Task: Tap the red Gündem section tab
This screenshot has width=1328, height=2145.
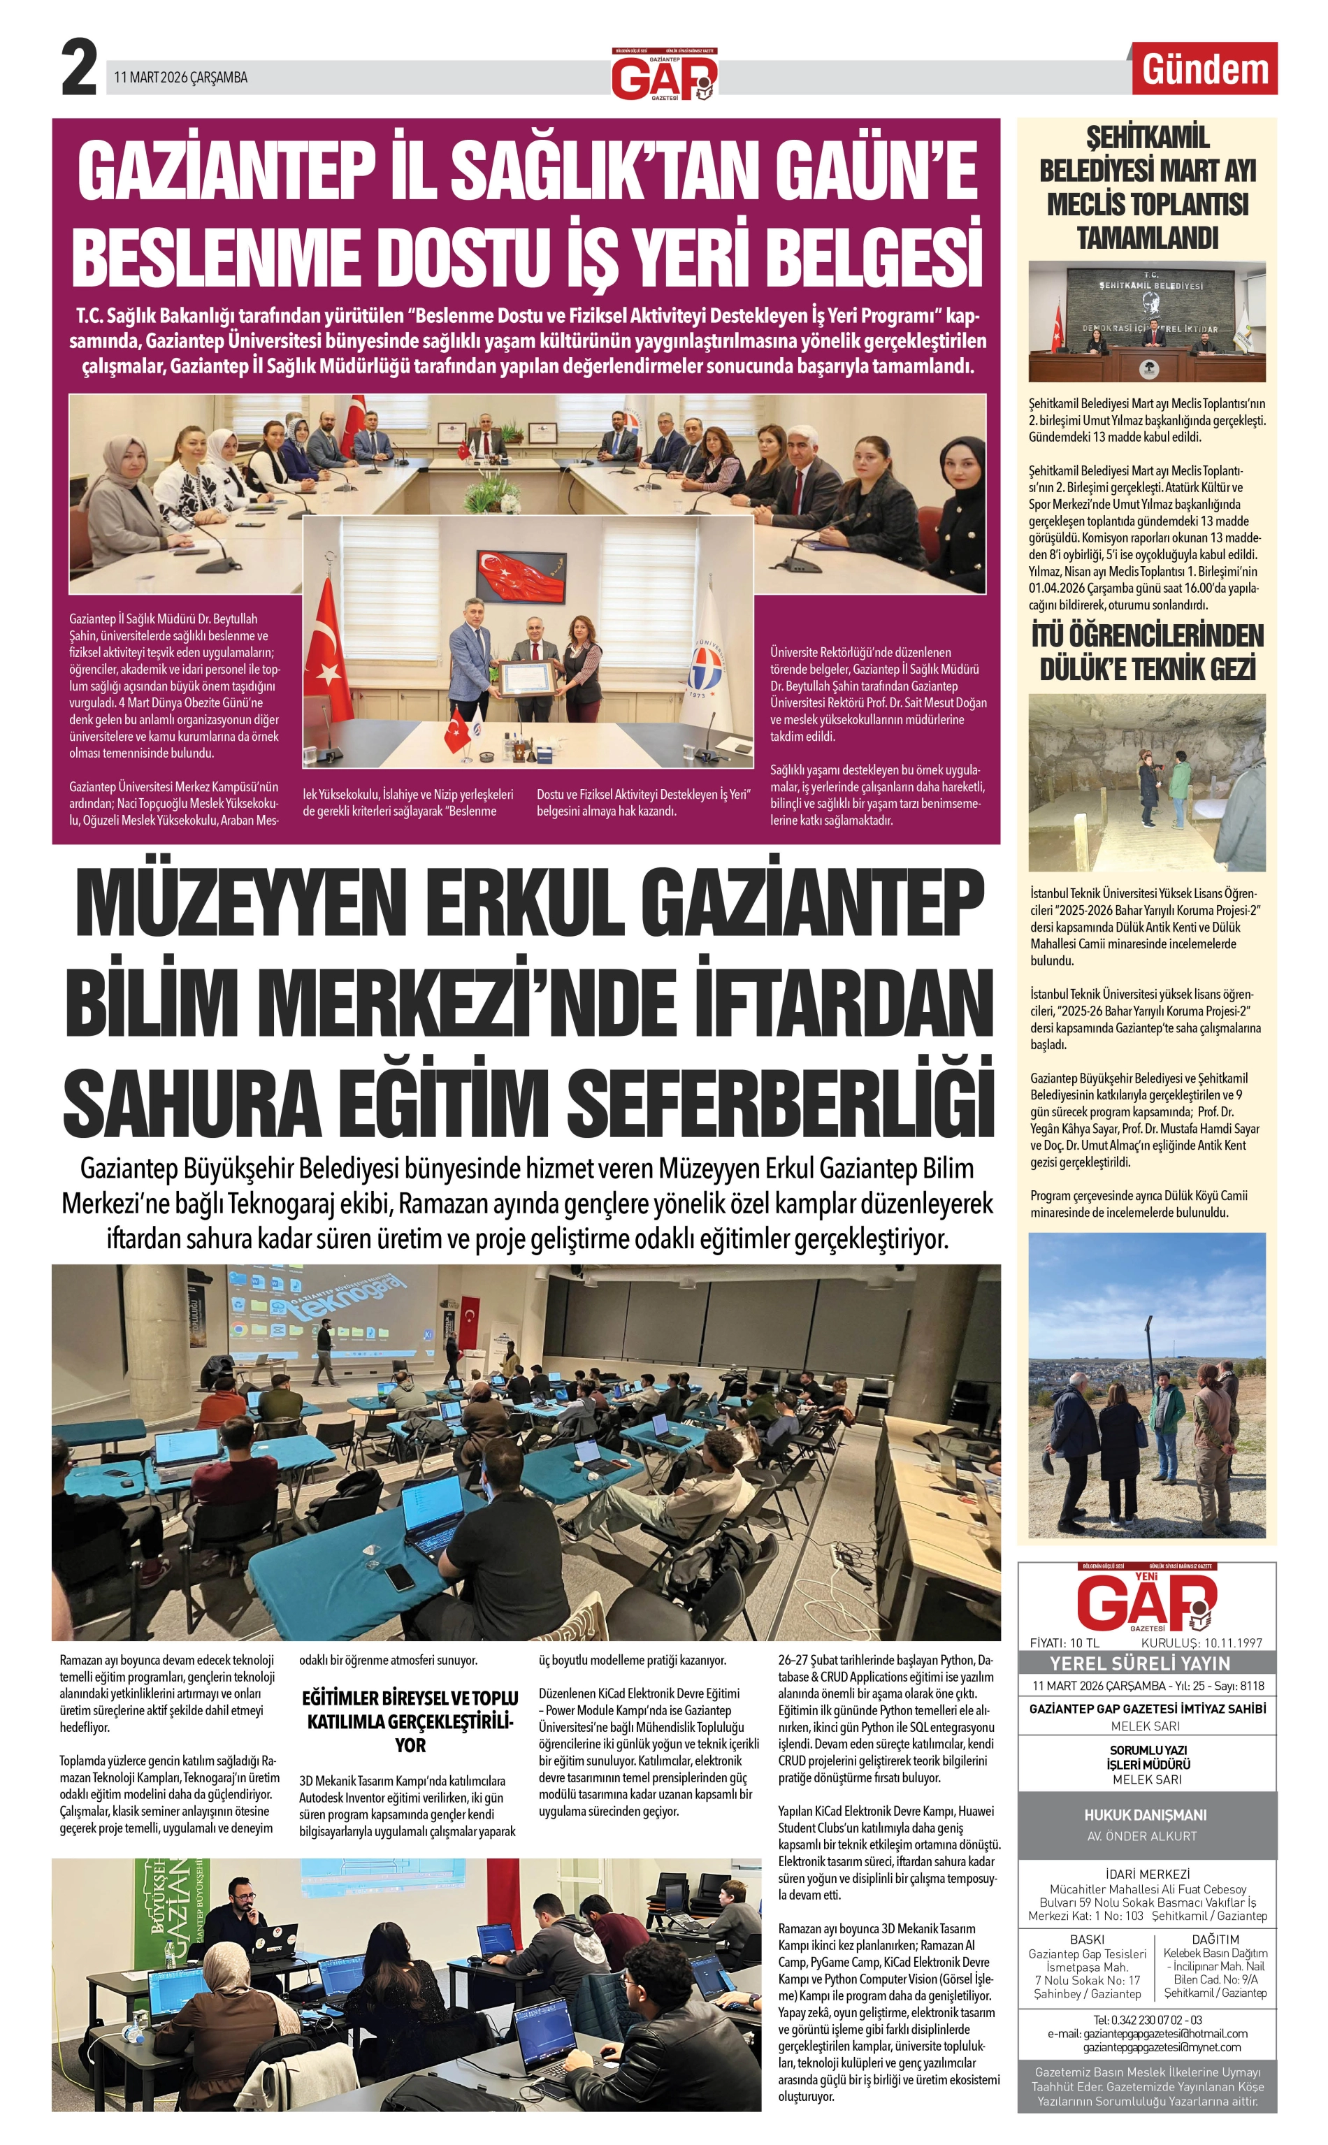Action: (1204, 69)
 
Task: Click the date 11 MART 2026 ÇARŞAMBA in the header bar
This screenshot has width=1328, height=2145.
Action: (181, 78)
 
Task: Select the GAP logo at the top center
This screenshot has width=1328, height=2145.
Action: (664, 76)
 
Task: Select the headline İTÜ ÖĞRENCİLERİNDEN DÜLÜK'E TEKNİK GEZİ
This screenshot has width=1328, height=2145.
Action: (1147, 652)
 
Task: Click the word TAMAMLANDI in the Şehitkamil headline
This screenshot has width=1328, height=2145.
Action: (1147, 237)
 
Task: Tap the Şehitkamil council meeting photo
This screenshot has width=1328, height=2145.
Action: (1147, 322)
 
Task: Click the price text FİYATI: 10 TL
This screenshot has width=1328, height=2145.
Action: (1064, 1642)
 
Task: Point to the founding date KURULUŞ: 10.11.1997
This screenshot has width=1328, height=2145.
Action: (1201, 1642)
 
